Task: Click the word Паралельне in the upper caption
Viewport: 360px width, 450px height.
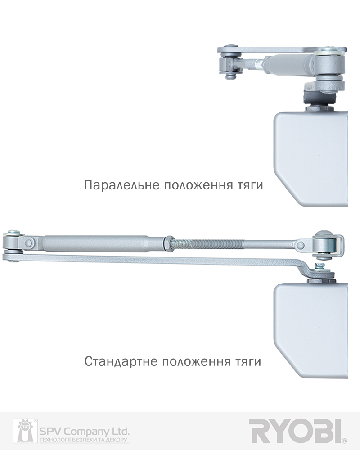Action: (x=121, y=185)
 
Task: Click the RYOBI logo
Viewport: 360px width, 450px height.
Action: (x=295, y=431)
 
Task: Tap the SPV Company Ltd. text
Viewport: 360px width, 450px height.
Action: (x=84, y=431)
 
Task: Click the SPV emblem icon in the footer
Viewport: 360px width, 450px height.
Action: (x=25, y=431)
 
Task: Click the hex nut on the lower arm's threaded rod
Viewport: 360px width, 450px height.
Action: (x=169, y=243)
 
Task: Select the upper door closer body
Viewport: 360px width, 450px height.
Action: (x=311, y=159)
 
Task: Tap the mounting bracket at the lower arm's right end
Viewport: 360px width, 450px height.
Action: (x=328, y=246)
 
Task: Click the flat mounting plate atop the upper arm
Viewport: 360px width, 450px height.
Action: (x=282, y=49)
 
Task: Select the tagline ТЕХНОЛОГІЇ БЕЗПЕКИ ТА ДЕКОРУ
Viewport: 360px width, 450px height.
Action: (x=84, y=440)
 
